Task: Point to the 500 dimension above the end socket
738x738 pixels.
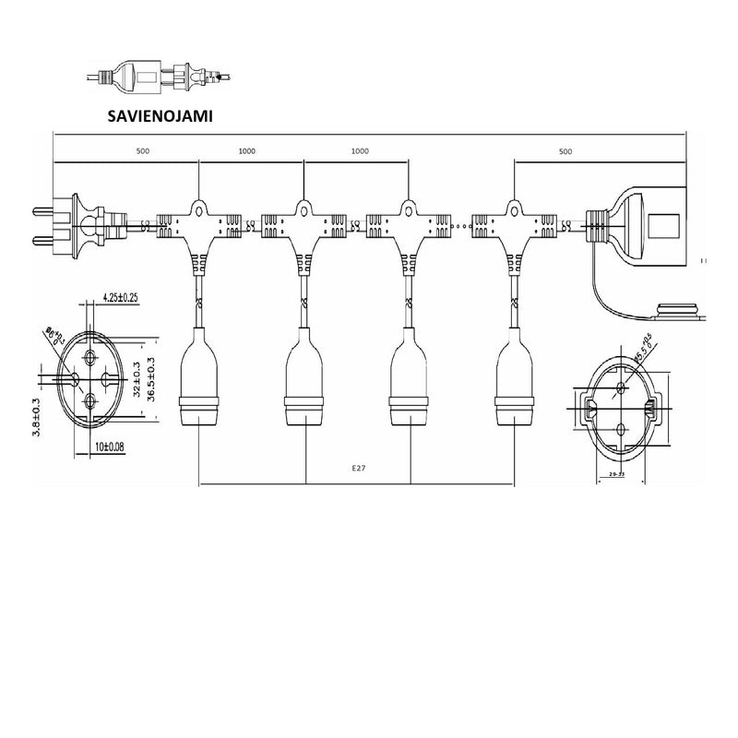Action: (x=565, y=150)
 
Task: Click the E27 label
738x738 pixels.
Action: (x=359, y=469)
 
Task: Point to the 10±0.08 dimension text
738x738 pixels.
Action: (x=111, y=446)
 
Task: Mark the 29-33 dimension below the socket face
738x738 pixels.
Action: (x=618, y=474)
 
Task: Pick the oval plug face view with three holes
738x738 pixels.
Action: (x=89, y=381)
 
